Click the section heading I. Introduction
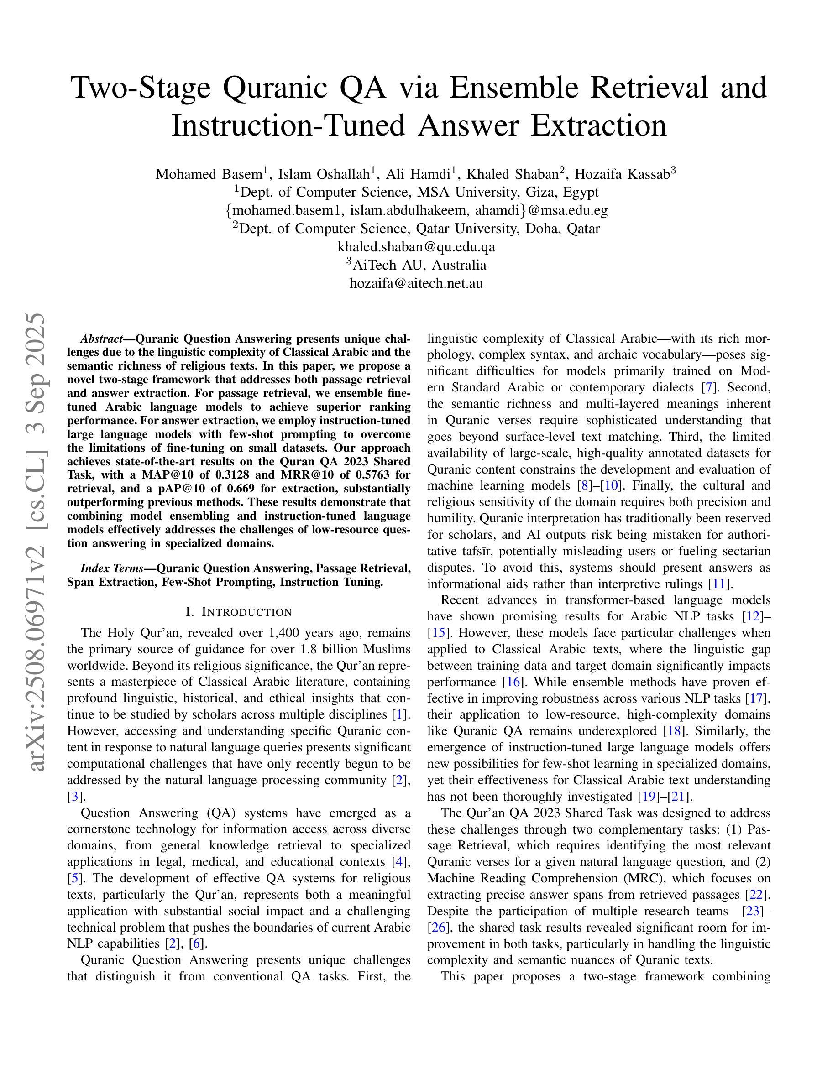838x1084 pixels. tap(239, 612)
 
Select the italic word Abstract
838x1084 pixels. tap(101, 339)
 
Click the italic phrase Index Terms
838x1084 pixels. tap(111, 568)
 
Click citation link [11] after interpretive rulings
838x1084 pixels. tap(718, 584)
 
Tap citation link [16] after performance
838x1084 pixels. tap(511, 682)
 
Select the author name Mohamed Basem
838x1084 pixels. tap(209, 174)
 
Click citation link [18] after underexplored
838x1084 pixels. tap(672, 731)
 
